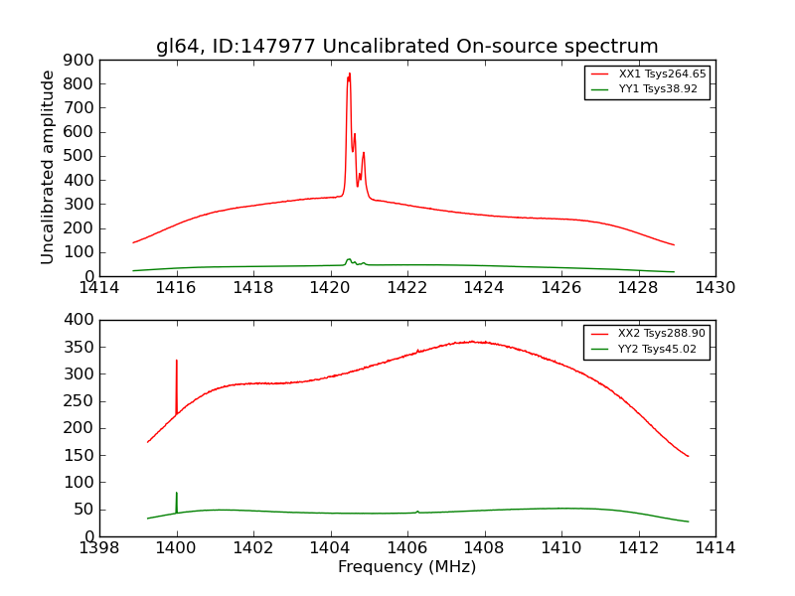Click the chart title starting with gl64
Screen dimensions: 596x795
(x=406, y=47)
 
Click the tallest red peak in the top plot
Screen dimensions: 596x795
(x=349, y=75)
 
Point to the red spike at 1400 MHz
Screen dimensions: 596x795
(x=177, y=363)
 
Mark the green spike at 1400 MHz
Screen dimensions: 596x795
(x=177, y=494)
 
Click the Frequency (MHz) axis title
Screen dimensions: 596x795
(x=406, y=567)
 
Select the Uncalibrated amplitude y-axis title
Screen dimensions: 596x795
(x=48, y=167)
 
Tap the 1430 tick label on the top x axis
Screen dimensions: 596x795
(x=715, y=289)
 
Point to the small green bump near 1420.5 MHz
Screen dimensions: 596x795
(x=349, y=260)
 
